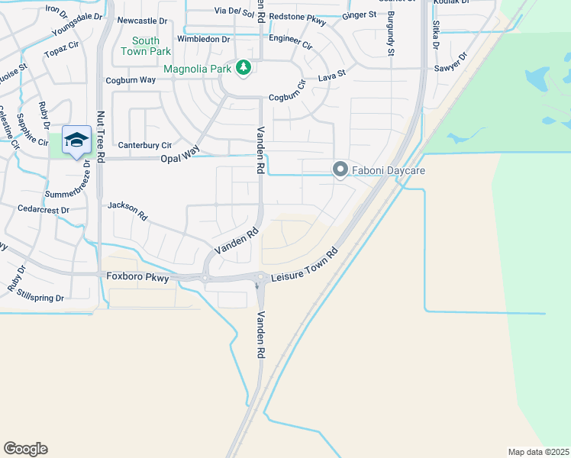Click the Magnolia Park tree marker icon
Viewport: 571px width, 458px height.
pos(244,69)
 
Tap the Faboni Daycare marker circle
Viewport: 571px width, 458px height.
pos(340,170)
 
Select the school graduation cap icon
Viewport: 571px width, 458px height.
pos(76,140)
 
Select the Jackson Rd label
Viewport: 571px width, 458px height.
pos(127,209)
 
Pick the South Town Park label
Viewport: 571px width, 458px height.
pos(146,46)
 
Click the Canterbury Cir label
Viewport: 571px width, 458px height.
pos(144,144)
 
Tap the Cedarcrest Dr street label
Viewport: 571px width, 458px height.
pos(43,208)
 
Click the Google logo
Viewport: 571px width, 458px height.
pos(25,449)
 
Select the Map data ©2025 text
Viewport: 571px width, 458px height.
pos(538,452)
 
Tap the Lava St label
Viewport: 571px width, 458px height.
pos(332,76)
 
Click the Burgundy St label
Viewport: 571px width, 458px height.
pos(391,34)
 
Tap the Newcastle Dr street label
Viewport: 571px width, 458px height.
pos(142,21)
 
